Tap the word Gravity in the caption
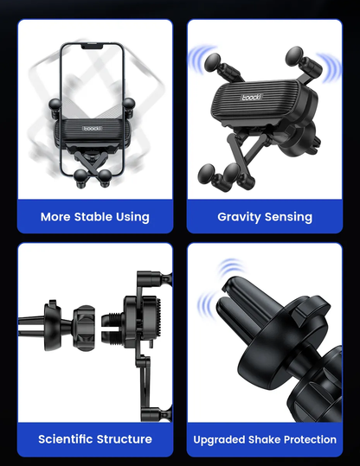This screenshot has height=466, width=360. [x=239, y=217]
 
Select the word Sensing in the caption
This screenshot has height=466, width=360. [x=288, y=217]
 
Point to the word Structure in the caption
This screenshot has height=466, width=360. [x=124, y=439]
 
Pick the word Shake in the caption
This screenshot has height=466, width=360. [x=264, y=439]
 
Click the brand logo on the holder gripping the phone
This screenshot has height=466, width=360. [x=93, y=128]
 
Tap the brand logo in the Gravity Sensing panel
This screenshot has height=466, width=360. [x=252, y=97]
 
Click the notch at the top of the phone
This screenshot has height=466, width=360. [x=92, y=47]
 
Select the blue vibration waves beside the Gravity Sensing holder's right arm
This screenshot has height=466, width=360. [x=330, y=67]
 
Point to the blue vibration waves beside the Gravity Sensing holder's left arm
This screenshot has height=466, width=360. [x=200, y=58]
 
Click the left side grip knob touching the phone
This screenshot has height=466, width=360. [x=55, y=105]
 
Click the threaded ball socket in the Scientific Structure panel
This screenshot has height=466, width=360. [x=112, y=327]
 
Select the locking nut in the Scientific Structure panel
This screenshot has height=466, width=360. [x=84, y=328]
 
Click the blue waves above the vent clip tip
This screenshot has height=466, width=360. [x=231, y=267]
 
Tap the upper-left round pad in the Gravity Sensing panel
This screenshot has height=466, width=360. [x=212, y=62]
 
